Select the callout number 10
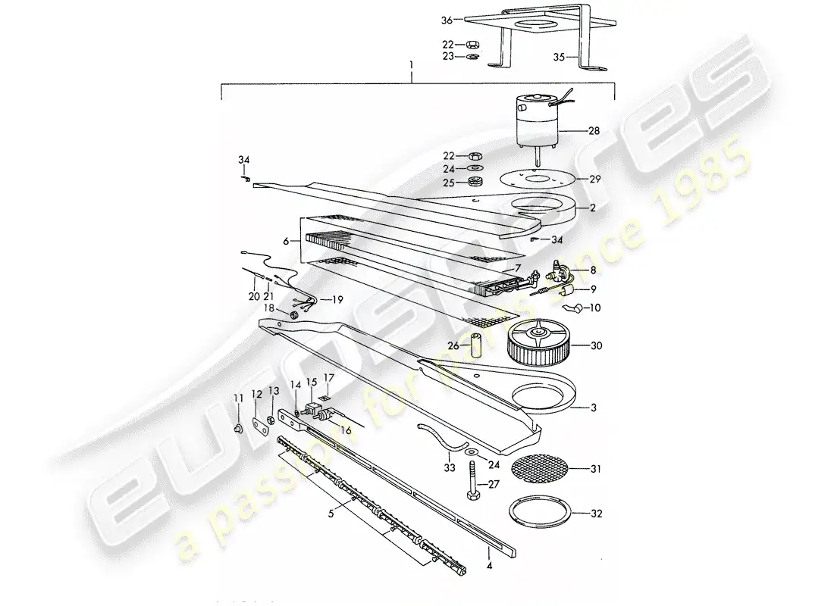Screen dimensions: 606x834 (594, 308)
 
